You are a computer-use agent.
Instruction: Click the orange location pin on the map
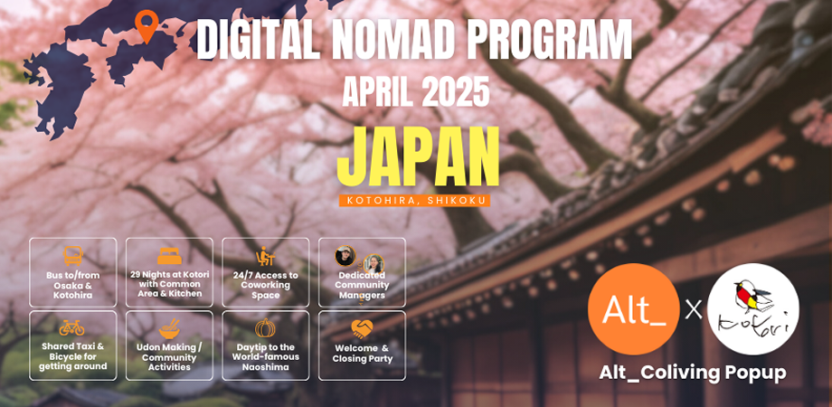[147, 25]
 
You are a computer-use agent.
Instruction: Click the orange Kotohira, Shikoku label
[414, 201]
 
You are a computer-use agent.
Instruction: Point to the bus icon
[72, 256]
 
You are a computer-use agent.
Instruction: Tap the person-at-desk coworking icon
[265, 256]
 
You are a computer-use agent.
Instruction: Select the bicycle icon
[71, 327]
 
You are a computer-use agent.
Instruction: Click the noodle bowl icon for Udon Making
[169, 329]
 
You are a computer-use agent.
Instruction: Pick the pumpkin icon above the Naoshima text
[265, 328]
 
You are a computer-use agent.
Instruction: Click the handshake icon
[362, 329]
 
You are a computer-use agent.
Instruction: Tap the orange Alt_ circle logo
[634, 308]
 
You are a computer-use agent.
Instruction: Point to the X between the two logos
[694, 309]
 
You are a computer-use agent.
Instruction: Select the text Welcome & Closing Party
[362, 354]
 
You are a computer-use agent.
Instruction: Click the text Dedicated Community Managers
[362, 286]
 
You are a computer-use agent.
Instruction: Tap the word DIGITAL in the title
[258, 41]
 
